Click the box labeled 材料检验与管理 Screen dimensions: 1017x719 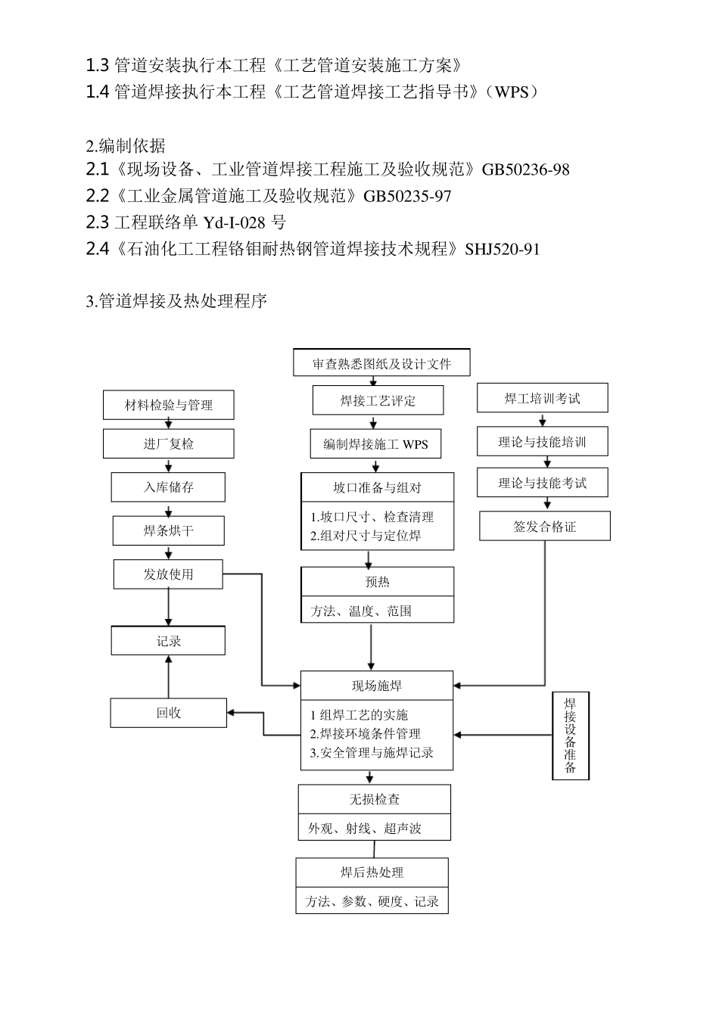click(x=168, y=405)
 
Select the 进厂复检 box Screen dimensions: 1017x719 click(x=168, y=444)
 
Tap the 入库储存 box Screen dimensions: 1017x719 click(x=168, y=487)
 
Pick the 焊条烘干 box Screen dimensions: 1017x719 click(x=168, y=531)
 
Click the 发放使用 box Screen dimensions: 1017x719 click(x=168, y=574)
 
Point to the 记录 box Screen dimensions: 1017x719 click(x=168, y=641)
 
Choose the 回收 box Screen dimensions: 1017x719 click(x=168, y=713)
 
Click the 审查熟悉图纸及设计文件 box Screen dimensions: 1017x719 click(x=381, y=363)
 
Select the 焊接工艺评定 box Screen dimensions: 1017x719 click(x=378, y=400)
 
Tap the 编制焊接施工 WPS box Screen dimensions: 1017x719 click(x=375, y=444)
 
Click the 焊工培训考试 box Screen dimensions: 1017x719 click(x=542, y=398)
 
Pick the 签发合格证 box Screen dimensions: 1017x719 click(x=544, y=527)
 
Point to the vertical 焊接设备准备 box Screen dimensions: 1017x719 click(x=571, y=736)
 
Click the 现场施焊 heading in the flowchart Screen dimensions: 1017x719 click(x=377, y=686)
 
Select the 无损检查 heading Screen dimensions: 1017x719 click(x=374, y=800)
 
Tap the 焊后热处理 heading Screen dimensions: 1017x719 click(x=372, y=872)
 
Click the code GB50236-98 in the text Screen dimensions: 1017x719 click(x=525, y=169)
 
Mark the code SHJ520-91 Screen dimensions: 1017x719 click(x=503, y=249)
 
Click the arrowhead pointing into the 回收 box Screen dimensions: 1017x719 click(x=231, y=713)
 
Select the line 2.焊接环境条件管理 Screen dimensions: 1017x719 click(x=366, y=734)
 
